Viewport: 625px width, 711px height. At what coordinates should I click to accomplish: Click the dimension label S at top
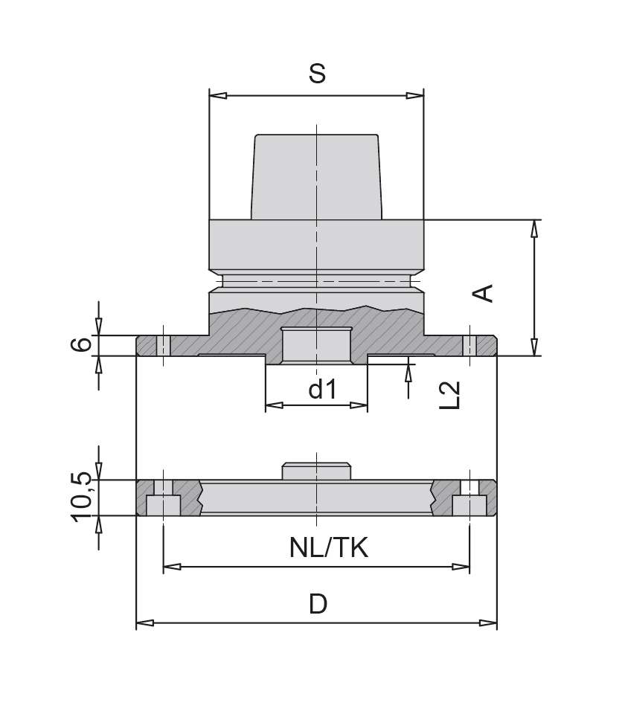click(x=317, y=74)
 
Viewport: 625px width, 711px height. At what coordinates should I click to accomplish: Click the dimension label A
click(x=484, y=292)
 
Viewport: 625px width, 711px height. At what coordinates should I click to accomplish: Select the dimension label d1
click(x=323, y=389)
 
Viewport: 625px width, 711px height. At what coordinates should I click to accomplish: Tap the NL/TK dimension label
click(x=329, y=549)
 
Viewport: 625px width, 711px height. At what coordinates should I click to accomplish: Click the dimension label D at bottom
click(x=318, y=603)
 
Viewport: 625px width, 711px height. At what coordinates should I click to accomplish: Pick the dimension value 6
click(x=84, y=344)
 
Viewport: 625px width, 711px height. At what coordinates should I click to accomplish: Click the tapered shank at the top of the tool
click(x=317, y=177)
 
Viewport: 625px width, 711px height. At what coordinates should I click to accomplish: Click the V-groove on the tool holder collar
click(x=317, y=282)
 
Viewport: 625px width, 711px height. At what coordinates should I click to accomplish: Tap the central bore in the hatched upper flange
click(x=316, y=344)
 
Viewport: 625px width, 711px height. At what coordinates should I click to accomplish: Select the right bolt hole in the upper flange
click(x=469, y=346)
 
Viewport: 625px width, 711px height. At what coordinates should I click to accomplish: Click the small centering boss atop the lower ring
click(x=316, y=472)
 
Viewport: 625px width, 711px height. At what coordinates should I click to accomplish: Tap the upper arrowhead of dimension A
click(x=533, y=228)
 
